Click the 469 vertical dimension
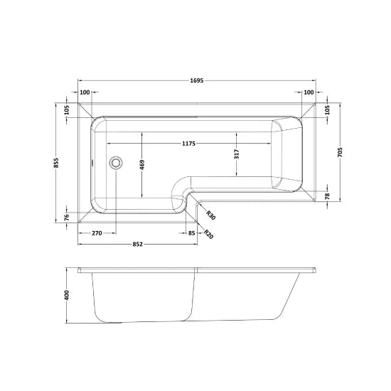[142, 164]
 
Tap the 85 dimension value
[191, 233]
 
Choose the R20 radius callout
[207, 235]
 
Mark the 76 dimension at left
[66, 217]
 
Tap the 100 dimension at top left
[85, 93]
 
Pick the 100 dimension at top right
[309, 93]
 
